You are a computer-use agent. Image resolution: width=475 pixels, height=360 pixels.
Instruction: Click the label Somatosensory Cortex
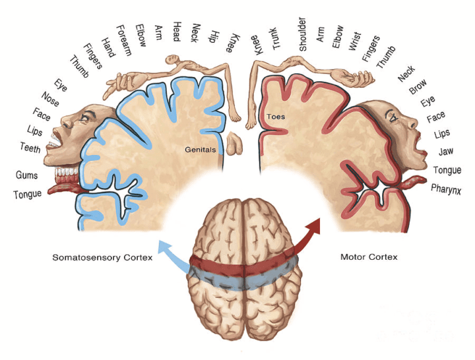102,257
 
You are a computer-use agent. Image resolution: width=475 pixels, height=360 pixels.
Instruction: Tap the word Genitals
201,150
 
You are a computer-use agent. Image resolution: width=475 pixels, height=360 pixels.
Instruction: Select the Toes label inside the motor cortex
275,117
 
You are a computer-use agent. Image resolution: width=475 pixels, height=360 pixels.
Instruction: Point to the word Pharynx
449,189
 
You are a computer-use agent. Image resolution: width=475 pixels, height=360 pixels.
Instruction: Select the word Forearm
123,40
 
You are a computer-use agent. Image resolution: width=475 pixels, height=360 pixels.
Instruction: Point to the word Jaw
445,152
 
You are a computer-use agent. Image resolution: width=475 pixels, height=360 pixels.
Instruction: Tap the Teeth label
30,148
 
